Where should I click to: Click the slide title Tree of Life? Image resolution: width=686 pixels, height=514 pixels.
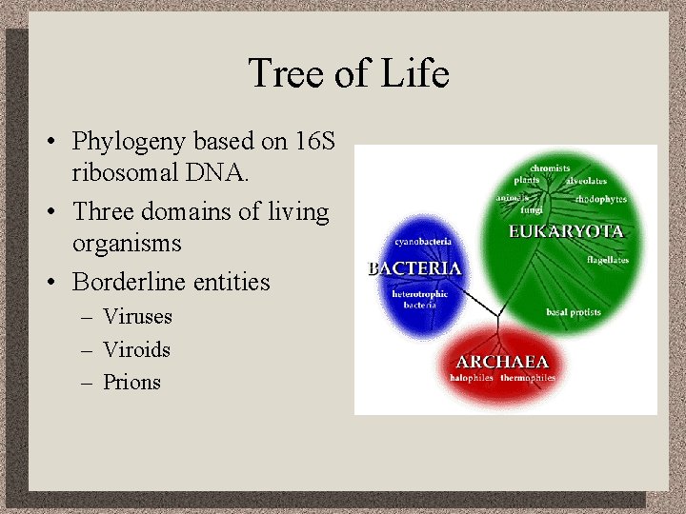pyautogui.click(x=348, y=73)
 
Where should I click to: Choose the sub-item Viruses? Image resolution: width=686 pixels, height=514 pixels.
pyautogui.click(x=137, y=316)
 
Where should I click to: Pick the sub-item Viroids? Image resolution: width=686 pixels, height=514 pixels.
pyautogui.click(x=136, y=349)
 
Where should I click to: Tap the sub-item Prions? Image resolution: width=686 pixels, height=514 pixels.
pyautogui.click(x=131, y=383)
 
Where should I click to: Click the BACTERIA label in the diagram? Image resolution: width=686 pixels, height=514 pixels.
pyautogui.click(x=414, y=268)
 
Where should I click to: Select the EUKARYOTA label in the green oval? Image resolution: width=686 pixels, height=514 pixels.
pyautogui.click(x=566, y=231)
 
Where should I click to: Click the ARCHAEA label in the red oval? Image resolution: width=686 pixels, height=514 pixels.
pyautogui.click(x=502, y=362)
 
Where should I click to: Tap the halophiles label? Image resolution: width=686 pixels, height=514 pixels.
pyautogui.click(x=473, y=379)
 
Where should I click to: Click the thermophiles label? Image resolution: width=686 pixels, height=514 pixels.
pyautogui.click(x=528, y=379)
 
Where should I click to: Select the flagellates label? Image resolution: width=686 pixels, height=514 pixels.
pyautogui.click(x=606, y=258)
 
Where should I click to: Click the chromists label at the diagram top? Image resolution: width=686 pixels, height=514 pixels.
pyautogui.click(x=550, y=168)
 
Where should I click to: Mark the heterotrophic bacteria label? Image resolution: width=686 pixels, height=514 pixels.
pyautogui.click(x=419, y=300)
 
